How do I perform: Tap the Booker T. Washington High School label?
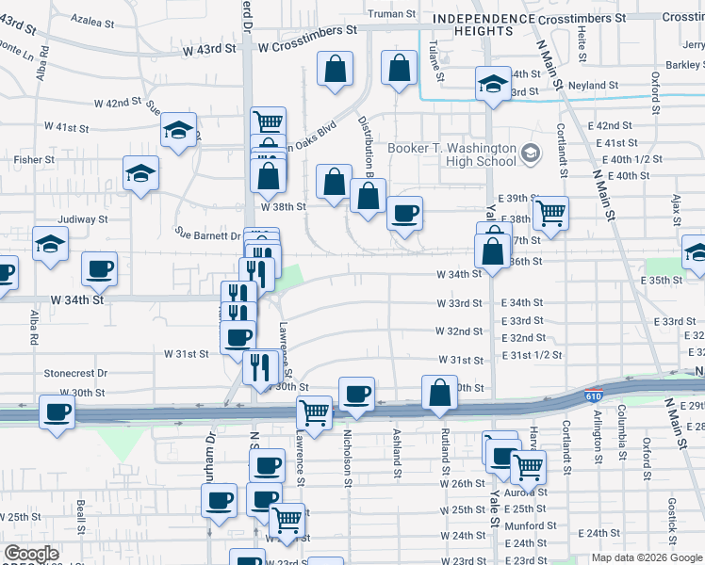coord(452,154)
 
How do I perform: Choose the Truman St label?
coord(391,14)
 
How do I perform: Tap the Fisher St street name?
coord(34,160)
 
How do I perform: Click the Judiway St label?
coord(83,219)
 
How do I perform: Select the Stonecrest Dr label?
coord(75,373)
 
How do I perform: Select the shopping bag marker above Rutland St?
coord(439,391)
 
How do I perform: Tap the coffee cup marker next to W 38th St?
coord(404,213)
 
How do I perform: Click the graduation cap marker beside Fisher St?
coord(140,173)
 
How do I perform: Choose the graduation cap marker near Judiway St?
coord(50,244)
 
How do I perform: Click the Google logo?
coord(32,554)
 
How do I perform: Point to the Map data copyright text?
coord(646,557)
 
